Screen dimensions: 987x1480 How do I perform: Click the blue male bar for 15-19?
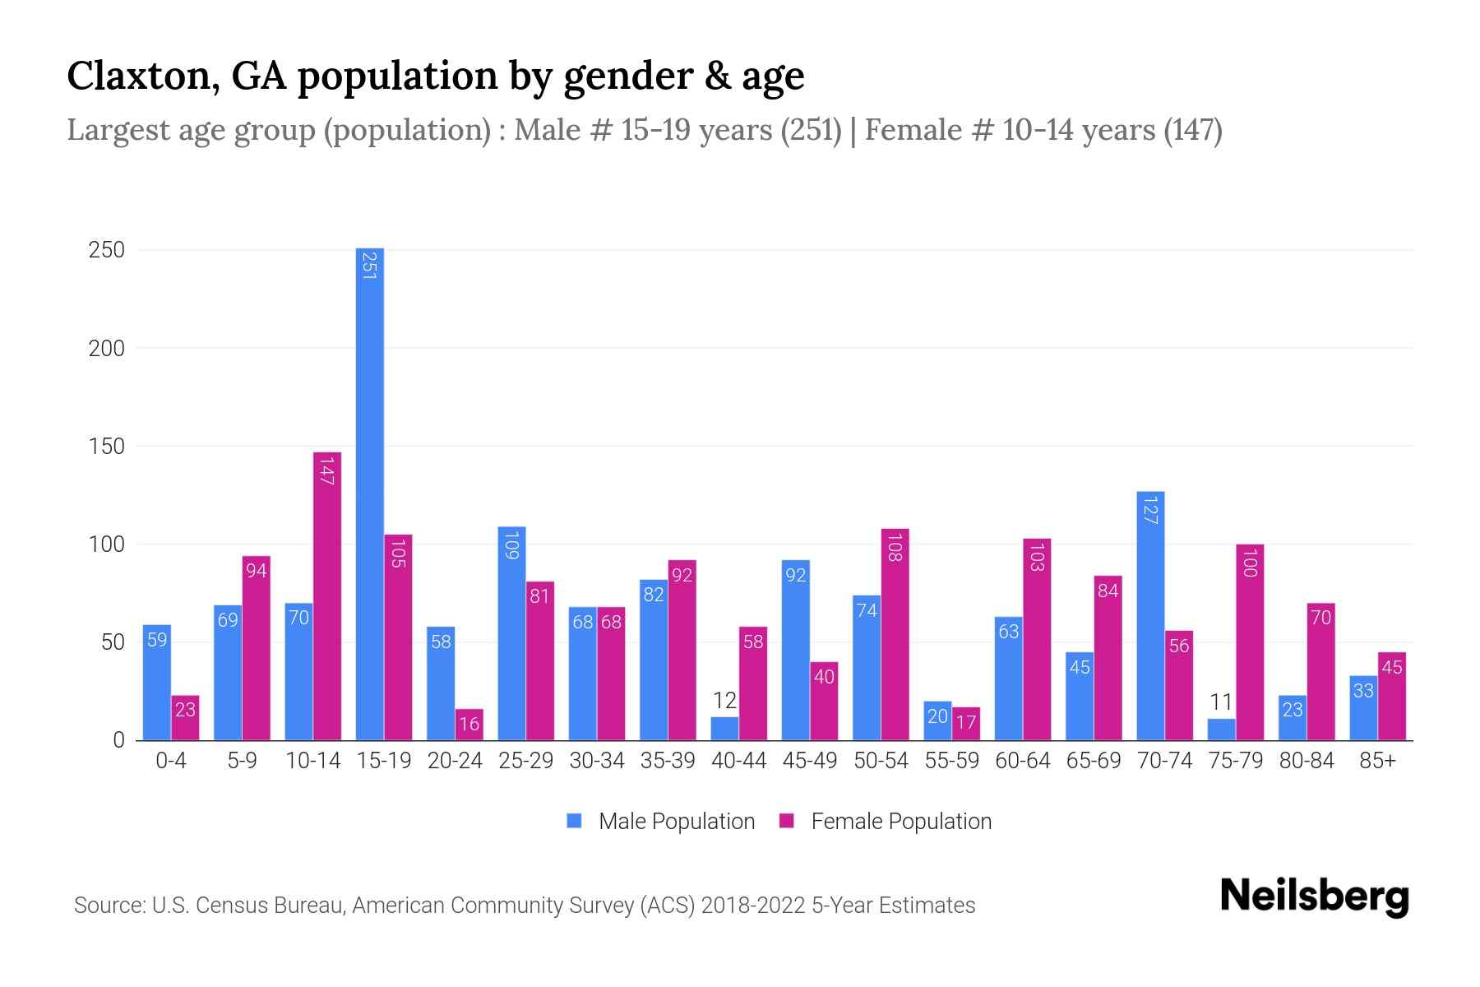point(370,493)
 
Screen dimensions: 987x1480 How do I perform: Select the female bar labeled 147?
point(327,596)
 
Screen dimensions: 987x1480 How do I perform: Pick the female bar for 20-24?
point(469,725)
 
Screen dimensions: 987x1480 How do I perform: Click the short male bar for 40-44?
point(724,729)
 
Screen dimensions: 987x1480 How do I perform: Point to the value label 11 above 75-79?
point(1221,702)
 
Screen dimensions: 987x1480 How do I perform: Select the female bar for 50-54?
point(895,634)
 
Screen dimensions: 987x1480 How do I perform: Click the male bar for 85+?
point(1363,708)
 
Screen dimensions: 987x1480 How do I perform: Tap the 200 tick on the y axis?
point(107,349)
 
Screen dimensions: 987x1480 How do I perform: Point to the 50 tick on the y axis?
point(113,642)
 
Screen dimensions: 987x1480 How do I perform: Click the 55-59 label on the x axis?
point(951,761)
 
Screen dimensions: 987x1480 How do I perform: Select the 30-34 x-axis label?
point(597,761)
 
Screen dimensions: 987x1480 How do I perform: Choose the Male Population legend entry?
point(662,821)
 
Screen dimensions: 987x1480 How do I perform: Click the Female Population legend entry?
point(887,821)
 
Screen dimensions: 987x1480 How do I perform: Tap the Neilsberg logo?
point(1314,897)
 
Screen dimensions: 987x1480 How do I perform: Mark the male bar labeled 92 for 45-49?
point(795,650)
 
